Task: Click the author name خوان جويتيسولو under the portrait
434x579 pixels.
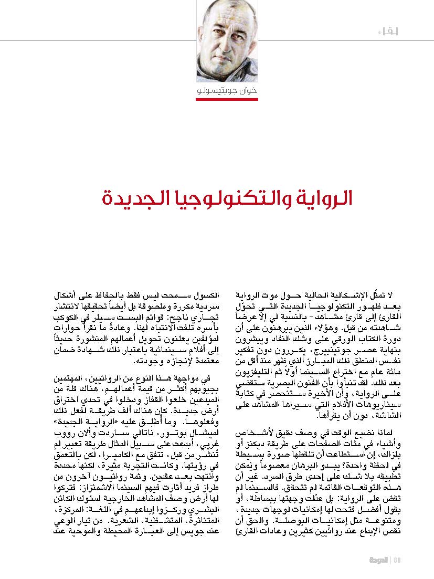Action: [x=228, y=91]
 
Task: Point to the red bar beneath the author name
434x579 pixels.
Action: [x=228, y=99]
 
